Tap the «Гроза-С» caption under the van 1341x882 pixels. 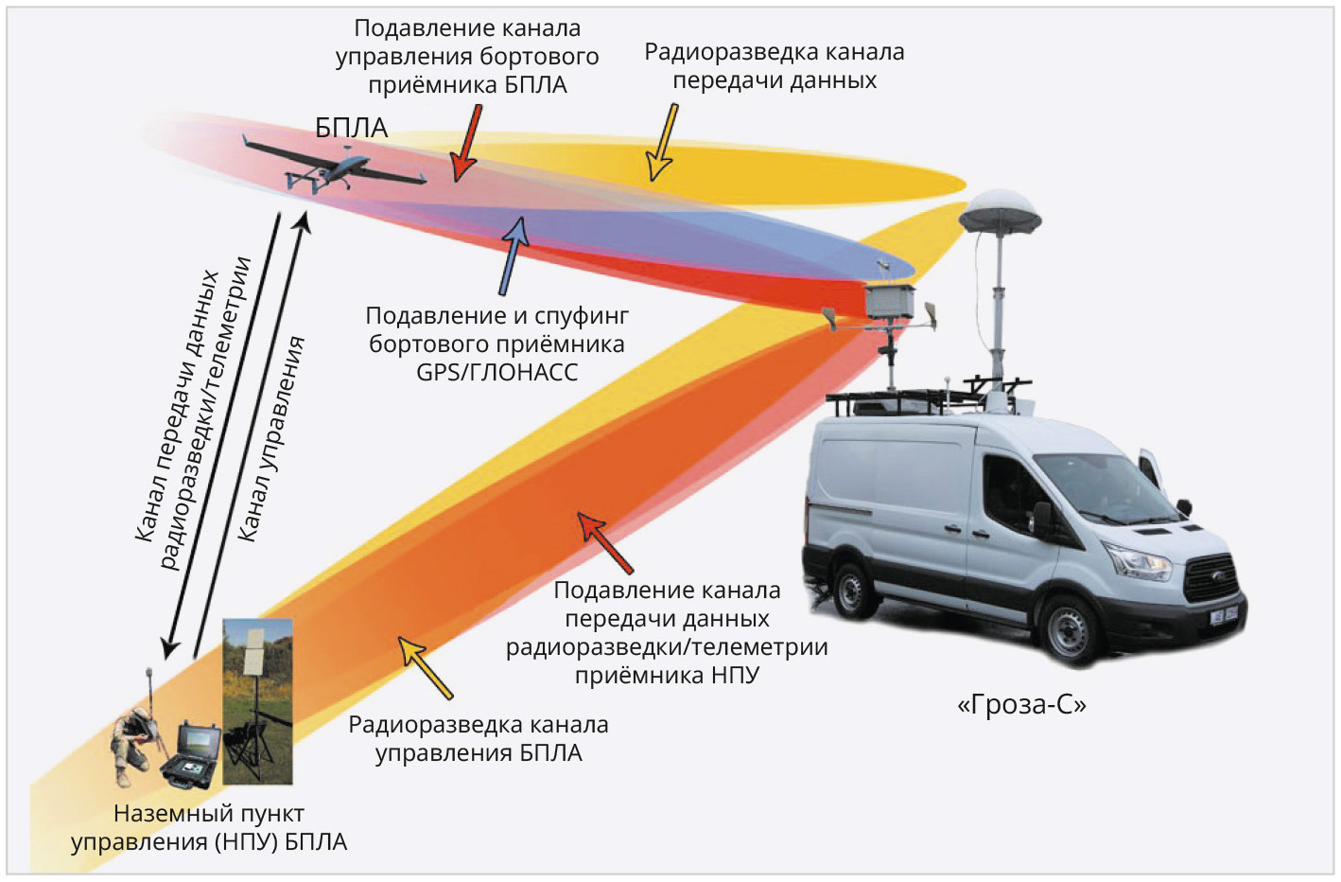1022,705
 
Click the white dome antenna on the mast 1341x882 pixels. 1000,212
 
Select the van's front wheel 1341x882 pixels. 1070,629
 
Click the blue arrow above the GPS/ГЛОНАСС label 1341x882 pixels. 514,256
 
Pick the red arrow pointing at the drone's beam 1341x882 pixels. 465,143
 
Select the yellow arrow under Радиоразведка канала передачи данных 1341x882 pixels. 662,142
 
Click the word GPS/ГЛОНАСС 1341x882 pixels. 496,372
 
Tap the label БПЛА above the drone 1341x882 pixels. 352,128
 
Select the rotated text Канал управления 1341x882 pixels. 271,439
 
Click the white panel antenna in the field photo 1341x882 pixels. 257,651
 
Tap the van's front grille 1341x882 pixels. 1211,577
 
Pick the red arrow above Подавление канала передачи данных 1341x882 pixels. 604,542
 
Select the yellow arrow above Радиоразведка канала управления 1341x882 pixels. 426,667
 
